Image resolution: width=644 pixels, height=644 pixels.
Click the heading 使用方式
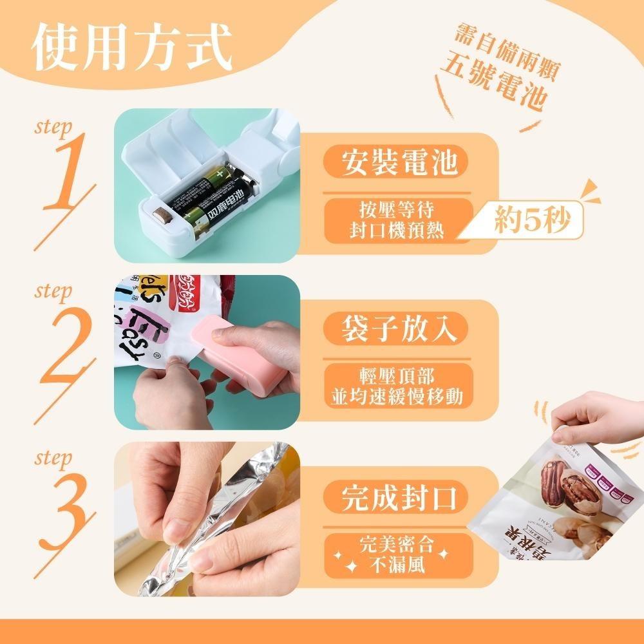pyautogui.click(x=132, y=47)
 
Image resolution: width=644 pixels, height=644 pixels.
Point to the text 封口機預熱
pyautogui.click(x=397, y=231)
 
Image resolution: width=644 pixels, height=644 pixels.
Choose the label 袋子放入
pyautogui.click(x=399, y=328)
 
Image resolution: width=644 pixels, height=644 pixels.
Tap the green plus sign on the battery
pyautogui.click(x=220, y=173)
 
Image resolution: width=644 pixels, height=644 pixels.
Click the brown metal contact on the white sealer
pyautogui.click(x=162, y=214)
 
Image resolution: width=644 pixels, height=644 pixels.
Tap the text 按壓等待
pyautogui.click(x=397, y=210)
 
